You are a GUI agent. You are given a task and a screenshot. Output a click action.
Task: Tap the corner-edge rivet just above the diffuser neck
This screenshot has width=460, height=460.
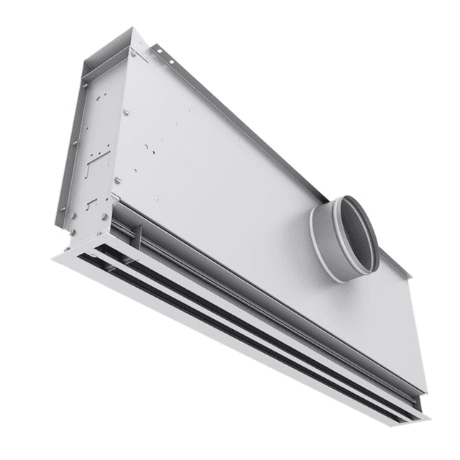pos(116,180)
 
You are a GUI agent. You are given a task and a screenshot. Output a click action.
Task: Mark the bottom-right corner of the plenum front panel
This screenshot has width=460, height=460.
pos(424,391)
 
